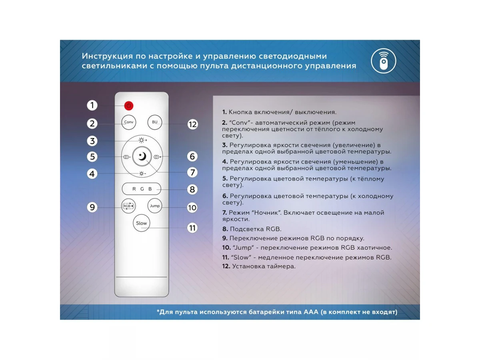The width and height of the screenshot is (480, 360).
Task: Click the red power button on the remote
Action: [x=128, y=106]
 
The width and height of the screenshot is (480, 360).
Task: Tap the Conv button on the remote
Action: [x=128, y=122]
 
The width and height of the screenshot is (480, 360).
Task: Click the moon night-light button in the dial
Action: [x=142, y=156]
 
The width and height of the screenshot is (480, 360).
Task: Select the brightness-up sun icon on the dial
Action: [x=142, y=140]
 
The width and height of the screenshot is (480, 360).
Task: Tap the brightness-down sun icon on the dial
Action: [x=142, y=174]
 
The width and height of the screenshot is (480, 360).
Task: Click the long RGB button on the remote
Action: [x=142, y=189]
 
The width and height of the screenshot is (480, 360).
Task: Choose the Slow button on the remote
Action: [x=142, y=223]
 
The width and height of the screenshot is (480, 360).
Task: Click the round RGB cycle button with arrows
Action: [x=128, y=206]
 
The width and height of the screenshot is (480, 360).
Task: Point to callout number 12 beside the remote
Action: [x=192, y=124]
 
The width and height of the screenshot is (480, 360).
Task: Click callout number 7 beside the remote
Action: [x=192, y=172]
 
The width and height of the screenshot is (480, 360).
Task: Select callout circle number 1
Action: [x=92, y=105]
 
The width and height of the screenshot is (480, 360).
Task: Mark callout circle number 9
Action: [x=92, y=207]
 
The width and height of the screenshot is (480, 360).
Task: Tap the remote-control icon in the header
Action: [x=383, y=61]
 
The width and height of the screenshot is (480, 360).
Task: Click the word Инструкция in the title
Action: [x=107, y=56]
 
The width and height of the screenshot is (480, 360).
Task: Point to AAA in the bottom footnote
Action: [x=311, y=312]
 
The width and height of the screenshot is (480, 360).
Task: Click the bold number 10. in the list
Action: [x=226, y=248]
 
